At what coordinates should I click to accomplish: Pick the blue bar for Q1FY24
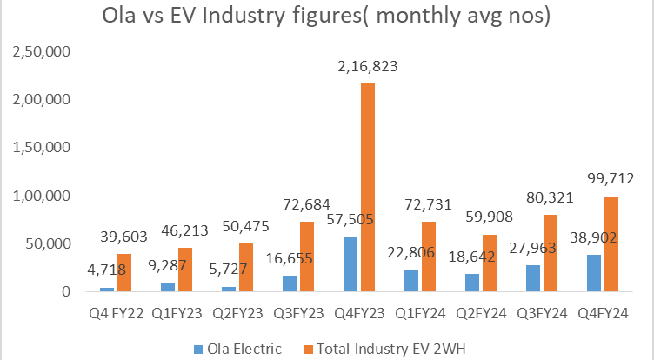tap(410, 281)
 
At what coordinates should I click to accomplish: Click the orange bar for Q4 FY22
tap(124, 273)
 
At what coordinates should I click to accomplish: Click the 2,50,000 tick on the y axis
tap(33, 53)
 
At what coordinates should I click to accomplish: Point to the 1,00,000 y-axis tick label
tap(33, 197)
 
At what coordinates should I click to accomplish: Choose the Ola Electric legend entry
tap(242, 349)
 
